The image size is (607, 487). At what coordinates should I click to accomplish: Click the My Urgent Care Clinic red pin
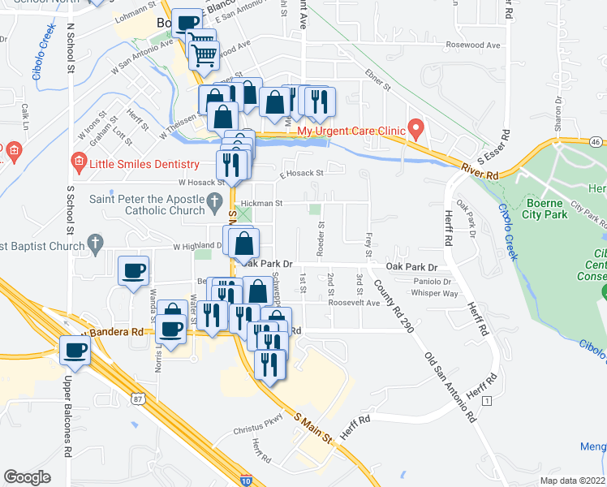(416, 129)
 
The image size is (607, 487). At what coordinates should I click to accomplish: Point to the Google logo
(27, 477)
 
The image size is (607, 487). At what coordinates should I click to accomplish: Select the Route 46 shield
(596, 142)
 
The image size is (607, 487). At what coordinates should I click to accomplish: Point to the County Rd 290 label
(391, 306)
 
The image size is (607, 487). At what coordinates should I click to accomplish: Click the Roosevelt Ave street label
(355, 303)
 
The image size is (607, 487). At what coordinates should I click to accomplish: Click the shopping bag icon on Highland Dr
(244, 242)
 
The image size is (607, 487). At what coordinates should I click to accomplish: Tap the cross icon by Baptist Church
(95, 242)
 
